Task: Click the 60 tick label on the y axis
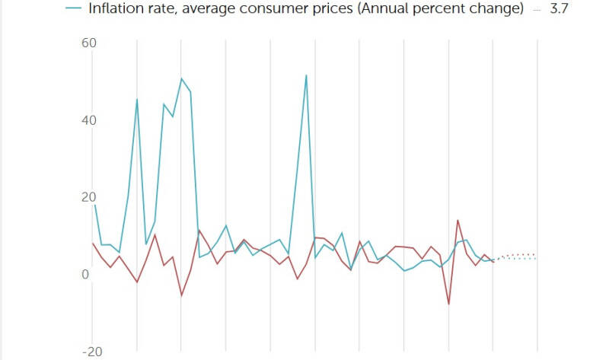[89, 43]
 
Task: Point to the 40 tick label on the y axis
[89, 120]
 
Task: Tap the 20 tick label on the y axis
[89, 197]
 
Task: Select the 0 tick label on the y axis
[85, 274]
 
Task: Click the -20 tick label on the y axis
[92, 352]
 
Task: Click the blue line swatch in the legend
[73, 8]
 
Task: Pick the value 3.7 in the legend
[559, 8]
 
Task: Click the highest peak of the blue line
[307, 75]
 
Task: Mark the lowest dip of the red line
[449, 304]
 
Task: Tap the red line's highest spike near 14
[458, 221]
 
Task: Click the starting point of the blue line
[94, 205]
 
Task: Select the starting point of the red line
[93, 243]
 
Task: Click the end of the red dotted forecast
[536, 254]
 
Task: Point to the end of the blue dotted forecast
[536, 259]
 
